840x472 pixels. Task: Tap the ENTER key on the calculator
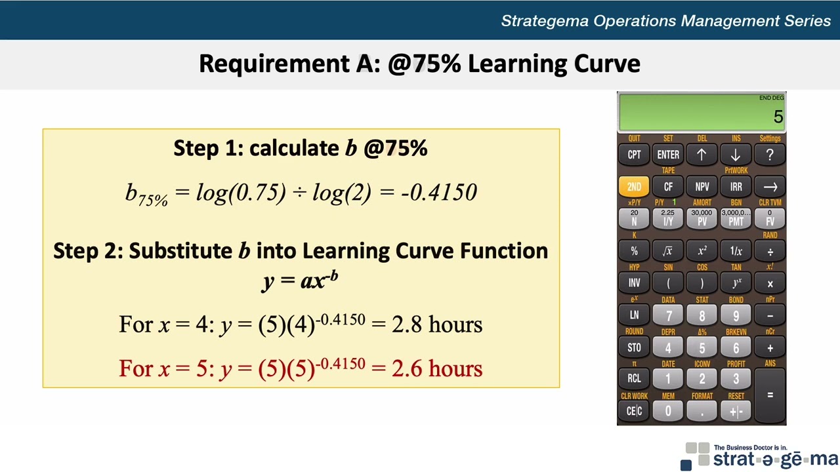(x=668, y=155)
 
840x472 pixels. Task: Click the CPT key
(x=634, y=155)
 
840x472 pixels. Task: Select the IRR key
(x=736, y=187)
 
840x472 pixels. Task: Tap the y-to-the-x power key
(x=736, y=283)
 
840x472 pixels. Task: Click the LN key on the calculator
(x=634, y=315)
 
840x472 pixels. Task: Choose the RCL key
(x=634, y=378)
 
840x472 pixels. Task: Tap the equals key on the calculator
(x=770, y=395)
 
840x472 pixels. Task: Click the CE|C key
(x=634, y=411)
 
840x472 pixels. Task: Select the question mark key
(x=770, y=155)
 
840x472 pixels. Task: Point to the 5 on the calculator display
(x=778, y=117)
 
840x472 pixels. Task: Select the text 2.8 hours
(x=437, y=324)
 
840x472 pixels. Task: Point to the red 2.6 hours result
(x=437, y=368)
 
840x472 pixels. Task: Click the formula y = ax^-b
(x=301, y=280)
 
